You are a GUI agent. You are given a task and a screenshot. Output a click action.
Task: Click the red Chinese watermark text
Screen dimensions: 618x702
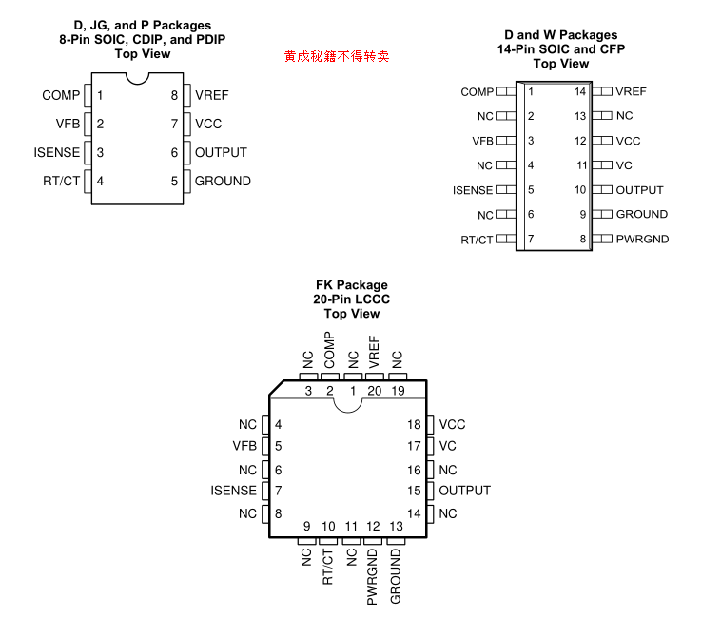click(x=337, y=57)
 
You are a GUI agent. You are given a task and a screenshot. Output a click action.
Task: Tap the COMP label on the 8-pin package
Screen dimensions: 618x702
click(x=61, y=95)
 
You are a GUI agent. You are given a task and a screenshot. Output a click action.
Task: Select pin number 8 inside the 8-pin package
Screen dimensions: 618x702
click(x=175, y=95)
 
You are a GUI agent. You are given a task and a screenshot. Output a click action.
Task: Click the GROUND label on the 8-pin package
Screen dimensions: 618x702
click(x=223, y=181)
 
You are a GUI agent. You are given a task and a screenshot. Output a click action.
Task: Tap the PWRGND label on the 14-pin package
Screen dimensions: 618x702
click(x=642, y=239)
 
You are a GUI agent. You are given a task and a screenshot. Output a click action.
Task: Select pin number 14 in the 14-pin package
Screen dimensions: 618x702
click(x=580, y=91)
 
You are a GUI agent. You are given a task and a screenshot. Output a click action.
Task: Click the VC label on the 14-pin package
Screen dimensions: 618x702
click(x=624, y=164)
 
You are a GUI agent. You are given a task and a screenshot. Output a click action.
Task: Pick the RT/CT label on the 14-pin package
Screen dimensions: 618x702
click(x=477, y=240)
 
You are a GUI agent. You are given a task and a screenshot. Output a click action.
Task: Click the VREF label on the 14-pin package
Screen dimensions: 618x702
click(x=631, y=91)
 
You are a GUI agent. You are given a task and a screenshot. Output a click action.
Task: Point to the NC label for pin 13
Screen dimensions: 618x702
click(x=624, y=115)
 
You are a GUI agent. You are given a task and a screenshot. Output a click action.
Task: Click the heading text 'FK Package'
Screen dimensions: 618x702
click(x=351, y=285)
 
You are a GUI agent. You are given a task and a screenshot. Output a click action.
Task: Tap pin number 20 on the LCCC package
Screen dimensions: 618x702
click(x=374, y=390)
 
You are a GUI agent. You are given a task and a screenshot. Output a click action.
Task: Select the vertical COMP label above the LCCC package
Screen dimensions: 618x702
click(x=329, y=350)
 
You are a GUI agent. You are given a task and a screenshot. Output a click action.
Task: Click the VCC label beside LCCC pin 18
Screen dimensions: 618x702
click(x=453, y=425)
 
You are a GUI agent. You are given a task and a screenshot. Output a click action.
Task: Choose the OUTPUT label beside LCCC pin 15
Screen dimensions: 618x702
click(x=464, y=491)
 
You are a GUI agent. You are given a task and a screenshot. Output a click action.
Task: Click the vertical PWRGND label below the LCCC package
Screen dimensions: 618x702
click(x=374, y=575)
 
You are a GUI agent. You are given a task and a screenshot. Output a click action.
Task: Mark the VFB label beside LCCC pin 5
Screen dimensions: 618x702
click(x=244, y=446)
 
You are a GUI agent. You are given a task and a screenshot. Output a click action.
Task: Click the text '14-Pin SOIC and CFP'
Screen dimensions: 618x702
click(x=561, y=49)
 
